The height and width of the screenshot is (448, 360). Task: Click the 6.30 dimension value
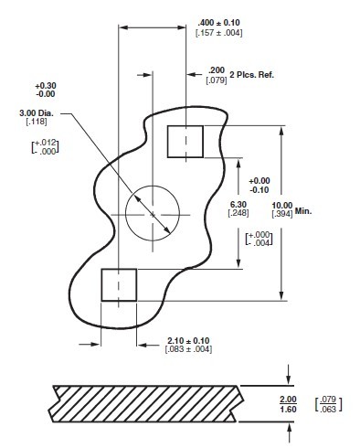click(x=238, y=204)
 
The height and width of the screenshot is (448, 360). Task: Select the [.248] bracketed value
click(x=238, y=214)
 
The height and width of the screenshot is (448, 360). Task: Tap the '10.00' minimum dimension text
click(x=281, y=205)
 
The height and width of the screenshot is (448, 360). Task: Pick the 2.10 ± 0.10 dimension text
click(x=189, y=339)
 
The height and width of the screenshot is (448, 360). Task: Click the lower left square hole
click(x=118, y=284)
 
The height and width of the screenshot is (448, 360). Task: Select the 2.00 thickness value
click(x=288, y=400)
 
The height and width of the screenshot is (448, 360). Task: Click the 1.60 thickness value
click(x=288, y=411)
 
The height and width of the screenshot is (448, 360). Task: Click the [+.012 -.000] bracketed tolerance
click(x=43, y=147)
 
